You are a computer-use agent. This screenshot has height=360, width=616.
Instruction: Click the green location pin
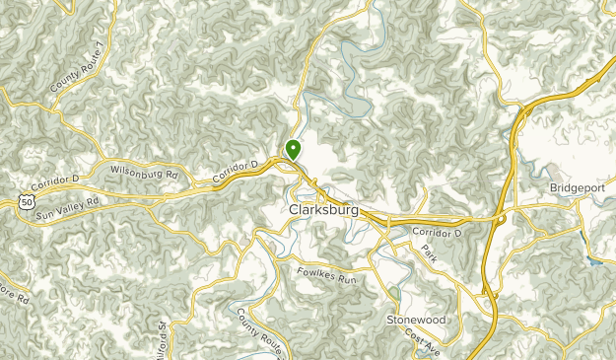coord(293,149)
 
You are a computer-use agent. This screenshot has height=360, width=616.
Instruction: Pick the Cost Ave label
coord(424,343)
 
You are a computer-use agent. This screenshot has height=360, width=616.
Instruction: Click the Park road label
coord(428,252)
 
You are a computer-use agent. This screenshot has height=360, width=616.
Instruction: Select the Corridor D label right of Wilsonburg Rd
coord(235,172)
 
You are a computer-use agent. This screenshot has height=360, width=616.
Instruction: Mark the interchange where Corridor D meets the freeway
coord(503,218)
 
